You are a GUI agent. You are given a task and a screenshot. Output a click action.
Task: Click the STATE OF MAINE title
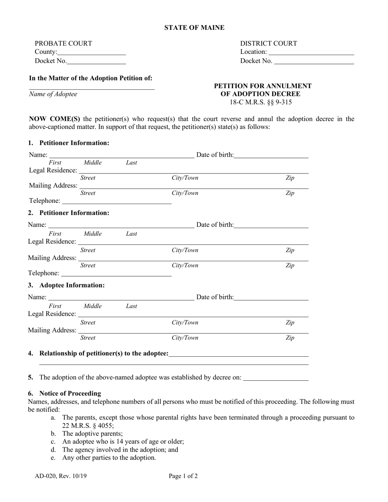click(194, 28)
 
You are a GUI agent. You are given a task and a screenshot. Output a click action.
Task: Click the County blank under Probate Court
click(91, 52)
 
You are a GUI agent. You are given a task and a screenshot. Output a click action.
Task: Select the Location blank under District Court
click(311, 52)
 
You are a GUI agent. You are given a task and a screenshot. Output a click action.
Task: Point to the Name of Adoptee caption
click(53, 94)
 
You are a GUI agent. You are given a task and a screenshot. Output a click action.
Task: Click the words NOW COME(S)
click(55, 119)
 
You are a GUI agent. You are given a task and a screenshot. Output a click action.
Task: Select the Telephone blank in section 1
click(116, 201)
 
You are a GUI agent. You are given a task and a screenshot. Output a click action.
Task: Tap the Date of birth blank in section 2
click(271, 225)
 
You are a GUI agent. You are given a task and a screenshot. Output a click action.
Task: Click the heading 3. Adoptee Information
click(66, 285)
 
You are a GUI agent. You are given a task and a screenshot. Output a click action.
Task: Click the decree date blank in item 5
click(276, 378)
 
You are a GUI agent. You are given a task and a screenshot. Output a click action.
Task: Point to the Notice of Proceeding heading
click(70, 393)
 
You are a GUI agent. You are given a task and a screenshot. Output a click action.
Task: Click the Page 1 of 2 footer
click(183, 476)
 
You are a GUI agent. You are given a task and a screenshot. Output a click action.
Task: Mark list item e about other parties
click(109, 458)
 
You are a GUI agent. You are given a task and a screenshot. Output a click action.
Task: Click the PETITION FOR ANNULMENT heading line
click(263, 86)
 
